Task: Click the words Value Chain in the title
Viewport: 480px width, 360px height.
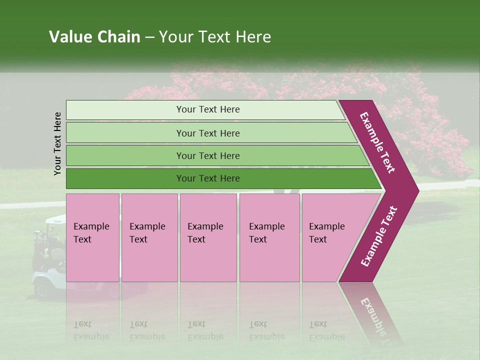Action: point(94,37)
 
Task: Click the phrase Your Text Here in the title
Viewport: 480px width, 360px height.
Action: point(215,37)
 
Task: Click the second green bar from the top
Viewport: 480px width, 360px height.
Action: point(207,133)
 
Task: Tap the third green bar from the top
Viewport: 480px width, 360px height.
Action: point(207,155)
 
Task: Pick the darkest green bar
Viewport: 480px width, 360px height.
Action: point(207,178)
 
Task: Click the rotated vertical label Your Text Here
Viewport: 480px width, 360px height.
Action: point(57,144)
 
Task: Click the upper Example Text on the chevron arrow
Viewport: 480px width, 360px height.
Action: point(377,143)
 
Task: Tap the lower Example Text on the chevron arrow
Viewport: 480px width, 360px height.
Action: point(379,236)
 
